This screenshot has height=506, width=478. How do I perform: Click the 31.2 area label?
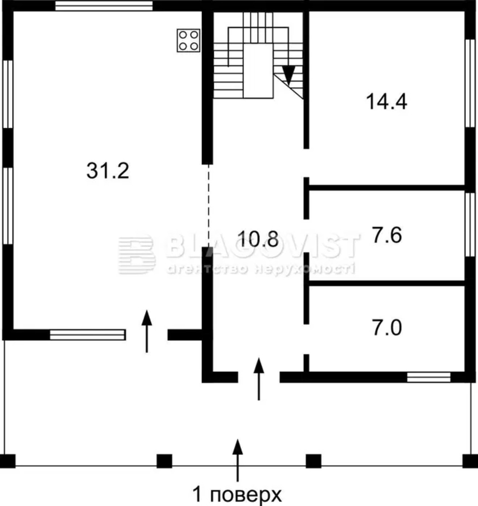click(108, 171)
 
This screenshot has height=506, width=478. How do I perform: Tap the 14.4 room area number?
click(386, 102)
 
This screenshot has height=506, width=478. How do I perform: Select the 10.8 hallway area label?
click(258, 239)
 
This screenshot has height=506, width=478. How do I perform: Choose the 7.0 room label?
click(387, 328)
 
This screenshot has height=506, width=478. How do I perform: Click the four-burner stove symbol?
click(189, 40)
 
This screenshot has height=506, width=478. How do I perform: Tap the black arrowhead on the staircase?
click(289, 75)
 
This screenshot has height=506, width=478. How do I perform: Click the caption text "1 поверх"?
click(237, 495)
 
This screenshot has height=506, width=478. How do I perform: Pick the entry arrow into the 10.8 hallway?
click(259, 379)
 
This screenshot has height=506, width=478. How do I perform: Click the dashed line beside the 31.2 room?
click(209, 206)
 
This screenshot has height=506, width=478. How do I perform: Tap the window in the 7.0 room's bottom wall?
click(429, 377)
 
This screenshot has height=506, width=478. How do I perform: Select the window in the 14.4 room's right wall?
click(470, 83)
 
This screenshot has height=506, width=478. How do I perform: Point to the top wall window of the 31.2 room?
click(104, 6)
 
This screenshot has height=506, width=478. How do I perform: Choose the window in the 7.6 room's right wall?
click(470, 224)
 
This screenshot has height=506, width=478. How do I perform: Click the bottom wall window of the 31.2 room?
click(87, 335)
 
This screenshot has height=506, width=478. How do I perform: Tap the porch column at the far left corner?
click(8, 461)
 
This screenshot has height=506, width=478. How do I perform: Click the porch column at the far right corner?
click(470, 461)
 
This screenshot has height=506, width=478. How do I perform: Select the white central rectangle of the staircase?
click(258, 71)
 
